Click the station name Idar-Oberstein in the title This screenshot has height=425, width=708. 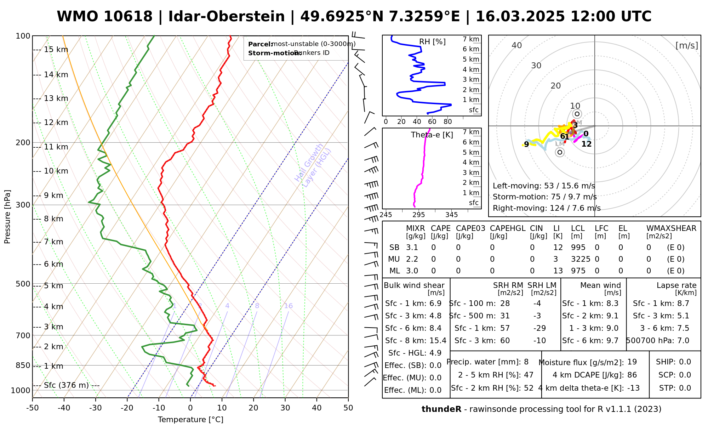[226, 17]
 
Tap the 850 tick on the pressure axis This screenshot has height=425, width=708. [23, 365]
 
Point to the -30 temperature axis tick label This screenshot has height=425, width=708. [96, 408]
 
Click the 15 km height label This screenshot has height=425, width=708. [56, 50]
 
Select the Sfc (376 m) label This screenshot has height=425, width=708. [67, 385]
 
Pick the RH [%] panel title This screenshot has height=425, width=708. [432, 42]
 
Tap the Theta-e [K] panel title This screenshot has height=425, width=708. [432, 135]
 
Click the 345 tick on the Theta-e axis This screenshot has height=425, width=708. [451, 215]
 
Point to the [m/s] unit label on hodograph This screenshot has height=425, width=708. [686, 46]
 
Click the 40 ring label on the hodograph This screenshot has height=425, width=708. [517, 45]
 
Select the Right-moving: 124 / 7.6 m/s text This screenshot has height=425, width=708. [547, 208]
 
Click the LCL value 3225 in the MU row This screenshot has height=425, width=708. [581, 259]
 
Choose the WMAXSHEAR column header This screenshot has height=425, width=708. [671, 228]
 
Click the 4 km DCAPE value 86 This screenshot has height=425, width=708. [632, 375]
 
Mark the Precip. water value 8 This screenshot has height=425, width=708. [526, 362]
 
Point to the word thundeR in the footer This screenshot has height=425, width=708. [441, 409]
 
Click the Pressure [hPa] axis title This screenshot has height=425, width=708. [7, 217]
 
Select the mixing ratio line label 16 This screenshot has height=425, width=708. [288, 306]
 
